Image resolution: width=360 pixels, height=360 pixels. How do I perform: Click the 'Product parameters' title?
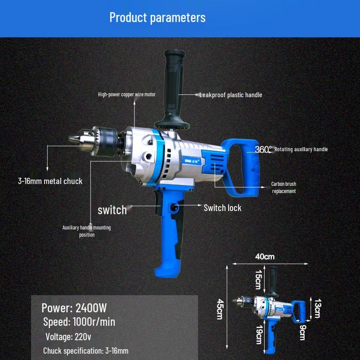coord(157,18)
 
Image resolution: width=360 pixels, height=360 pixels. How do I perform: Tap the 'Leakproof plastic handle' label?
coord(230,95)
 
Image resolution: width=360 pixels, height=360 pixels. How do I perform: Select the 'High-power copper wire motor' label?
coord(127,94)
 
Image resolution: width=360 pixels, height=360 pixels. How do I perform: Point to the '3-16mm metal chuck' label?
coord(50,181)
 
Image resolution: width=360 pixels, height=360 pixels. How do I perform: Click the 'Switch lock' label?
coord(222,208)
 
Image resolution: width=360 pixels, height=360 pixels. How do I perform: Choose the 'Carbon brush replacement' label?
coord(283,188)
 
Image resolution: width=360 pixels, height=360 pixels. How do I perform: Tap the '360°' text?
coord(263,149)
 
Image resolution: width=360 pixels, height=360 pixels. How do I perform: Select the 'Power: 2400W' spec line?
coord(74,308)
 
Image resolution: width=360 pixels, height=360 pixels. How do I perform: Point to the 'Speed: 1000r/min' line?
coord(79,322)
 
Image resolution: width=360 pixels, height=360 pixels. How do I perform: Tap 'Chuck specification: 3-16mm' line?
coord(86,351)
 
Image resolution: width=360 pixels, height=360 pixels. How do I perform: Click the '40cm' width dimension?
coord(265,257)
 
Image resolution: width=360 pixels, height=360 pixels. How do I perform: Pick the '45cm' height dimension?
coord(220,310)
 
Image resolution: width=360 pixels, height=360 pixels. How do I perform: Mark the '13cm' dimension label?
coord(317,308)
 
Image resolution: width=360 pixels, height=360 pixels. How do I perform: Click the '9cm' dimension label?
coord(302,333)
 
